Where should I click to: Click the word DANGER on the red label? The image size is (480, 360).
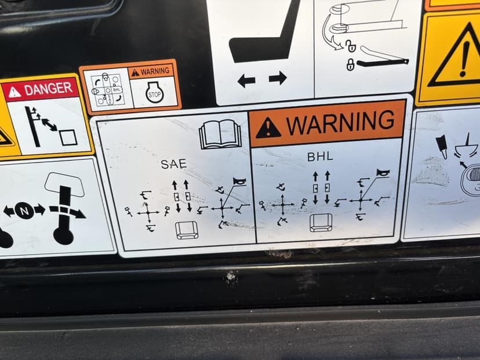coord(48,89)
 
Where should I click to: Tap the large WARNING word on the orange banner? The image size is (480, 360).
coord(340,122)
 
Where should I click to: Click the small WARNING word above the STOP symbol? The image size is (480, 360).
coord(155,72)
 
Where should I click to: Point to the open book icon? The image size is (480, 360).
coord(220,134)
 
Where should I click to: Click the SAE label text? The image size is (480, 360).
coord(173,165)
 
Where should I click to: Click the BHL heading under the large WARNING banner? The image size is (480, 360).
coord(320,157)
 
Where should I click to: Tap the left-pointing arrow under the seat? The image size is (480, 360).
coord(246,81)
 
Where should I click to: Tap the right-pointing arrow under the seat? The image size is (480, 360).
coord(278,78)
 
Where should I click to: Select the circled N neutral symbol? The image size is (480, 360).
coord(24,210)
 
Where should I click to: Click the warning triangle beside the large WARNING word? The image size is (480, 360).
coord(268,128)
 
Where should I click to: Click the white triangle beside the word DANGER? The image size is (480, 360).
coord(14,92)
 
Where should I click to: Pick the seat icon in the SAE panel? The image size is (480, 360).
coord(187,231)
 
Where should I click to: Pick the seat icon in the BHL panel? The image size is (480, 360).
coord(321,223)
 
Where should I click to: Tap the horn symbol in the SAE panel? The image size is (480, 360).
coord(239,181)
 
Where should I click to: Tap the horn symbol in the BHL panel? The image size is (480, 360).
coord(383,173)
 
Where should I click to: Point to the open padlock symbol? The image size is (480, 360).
coord(351,46)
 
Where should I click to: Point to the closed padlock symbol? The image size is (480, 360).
coord(350,64)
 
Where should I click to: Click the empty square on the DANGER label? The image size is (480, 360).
coord(68,138)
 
